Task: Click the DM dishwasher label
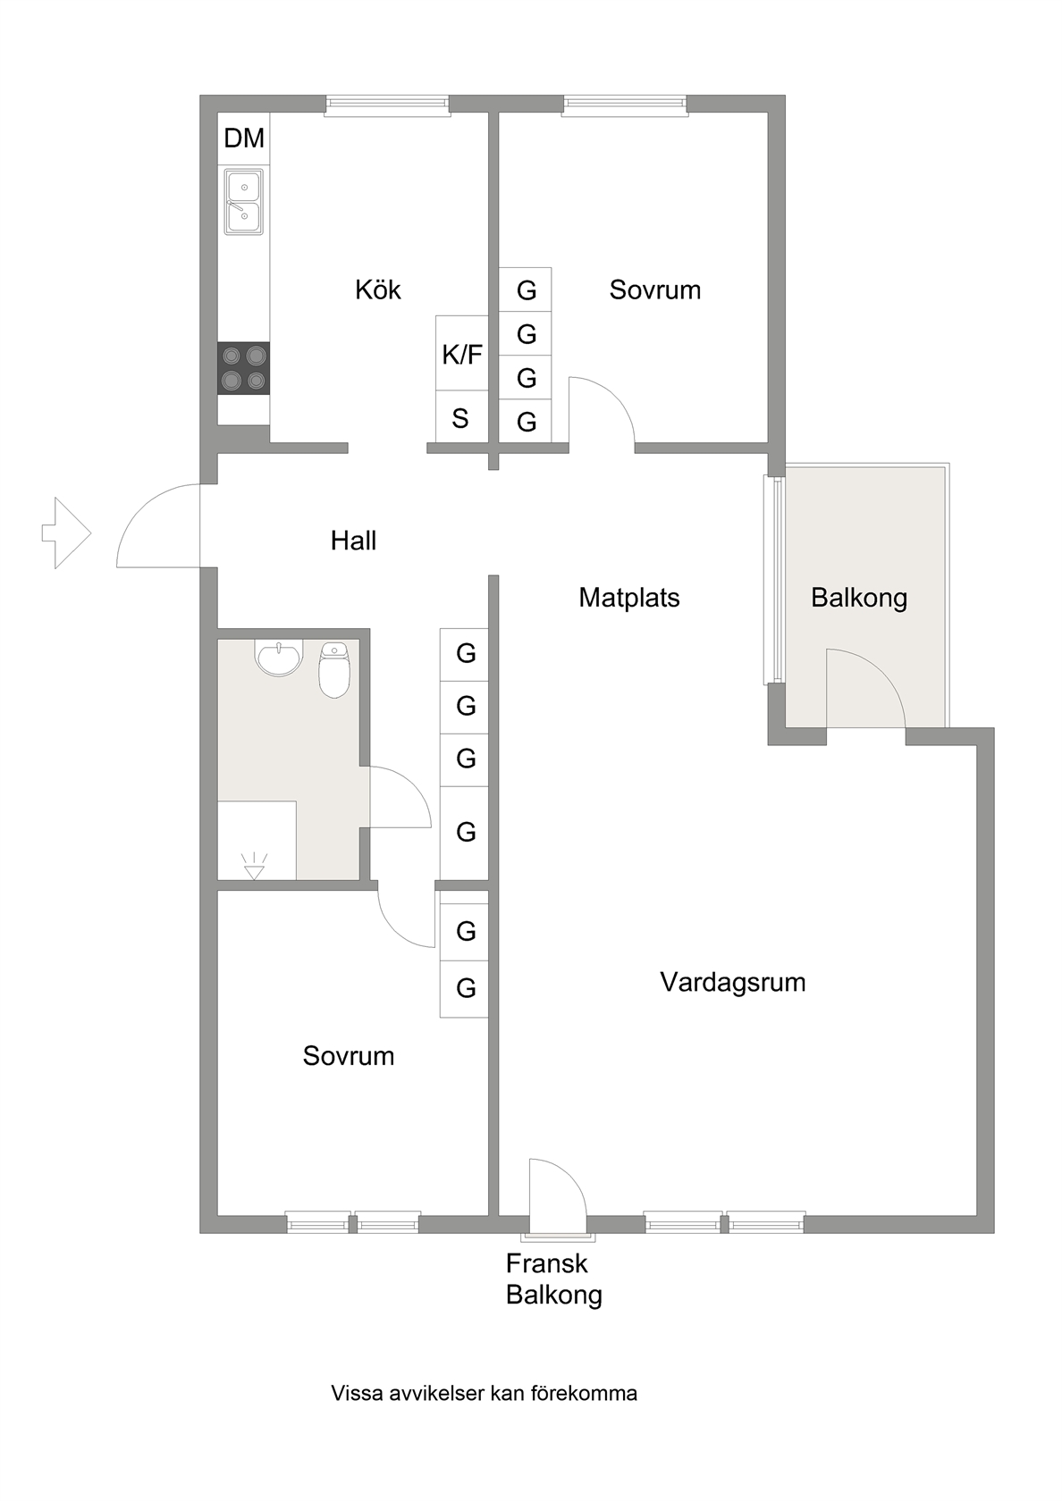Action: pos(244,138)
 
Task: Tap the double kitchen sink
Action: pos(243,202)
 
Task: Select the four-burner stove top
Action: pos(243,368)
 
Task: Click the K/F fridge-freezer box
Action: pos(462,353)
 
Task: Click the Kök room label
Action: pos(378,289)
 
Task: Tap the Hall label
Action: pos(353,540)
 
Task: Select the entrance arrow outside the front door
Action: pos(66,532)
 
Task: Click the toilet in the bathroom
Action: pos(334,669)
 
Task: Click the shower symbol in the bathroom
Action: pos(255,865)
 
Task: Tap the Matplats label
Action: pos(629,597)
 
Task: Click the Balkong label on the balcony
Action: pos(859,598)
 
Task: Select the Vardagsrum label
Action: pos(733,982)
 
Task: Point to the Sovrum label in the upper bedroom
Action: pos(655,289)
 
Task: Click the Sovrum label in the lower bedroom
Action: pos(348,1055)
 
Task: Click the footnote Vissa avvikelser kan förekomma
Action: pos(485,1393)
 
